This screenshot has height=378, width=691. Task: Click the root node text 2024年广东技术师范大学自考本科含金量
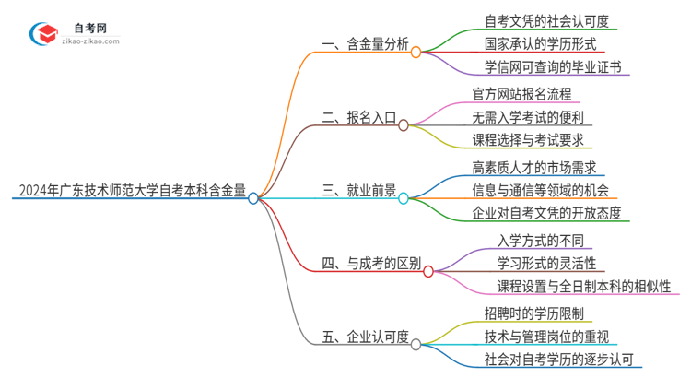point(130,192)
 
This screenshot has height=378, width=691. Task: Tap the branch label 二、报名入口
point(358,119)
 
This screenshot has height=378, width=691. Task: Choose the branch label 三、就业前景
point(358,192)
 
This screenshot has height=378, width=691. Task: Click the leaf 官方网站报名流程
point(521,94)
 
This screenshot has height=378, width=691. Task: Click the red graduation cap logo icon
point(41,33)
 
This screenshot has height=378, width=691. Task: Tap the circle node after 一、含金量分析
point(416,53)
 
